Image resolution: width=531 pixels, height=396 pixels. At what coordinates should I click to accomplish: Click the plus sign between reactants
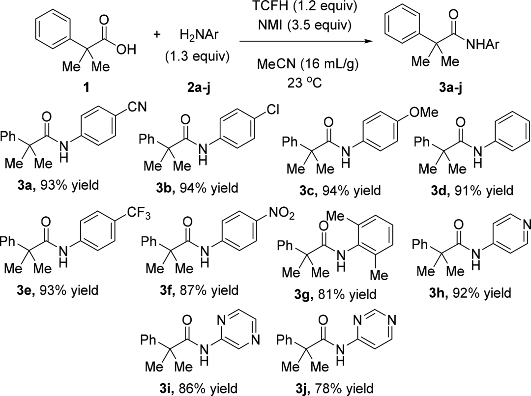tap(157, 35)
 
